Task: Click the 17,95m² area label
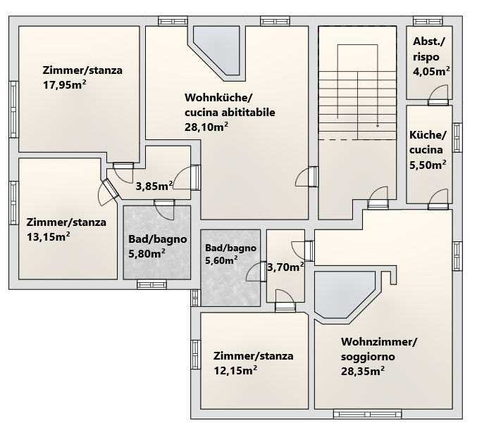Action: coord(65,84)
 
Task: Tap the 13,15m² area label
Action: coord(49,236)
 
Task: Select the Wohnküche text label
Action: coord(218,98)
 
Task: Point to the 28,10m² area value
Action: coord(206,127)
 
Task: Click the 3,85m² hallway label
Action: coord(154,186)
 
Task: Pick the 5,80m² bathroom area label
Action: coord(147,253)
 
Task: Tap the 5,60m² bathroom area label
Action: coord(221,260)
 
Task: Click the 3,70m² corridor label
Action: coord(285,267)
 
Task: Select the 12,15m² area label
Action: coord(235,370)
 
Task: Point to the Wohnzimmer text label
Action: coord(379,341)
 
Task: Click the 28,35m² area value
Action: coord(363,371)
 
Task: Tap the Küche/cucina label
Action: coord(428,142)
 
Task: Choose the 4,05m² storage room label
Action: coord(432,72)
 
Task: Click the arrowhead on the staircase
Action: coord(378,125)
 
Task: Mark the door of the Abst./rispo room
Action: coord(438,95)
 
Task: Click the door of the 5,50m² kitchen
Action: coord(438,199)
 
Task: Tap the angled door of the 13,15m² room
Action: coord(107,191)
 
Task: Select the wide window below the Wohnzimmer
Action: coord(367,414)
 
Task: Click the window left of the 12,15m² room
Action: coord(196,355)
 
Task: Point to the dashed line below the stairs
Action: coord(357,140)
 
